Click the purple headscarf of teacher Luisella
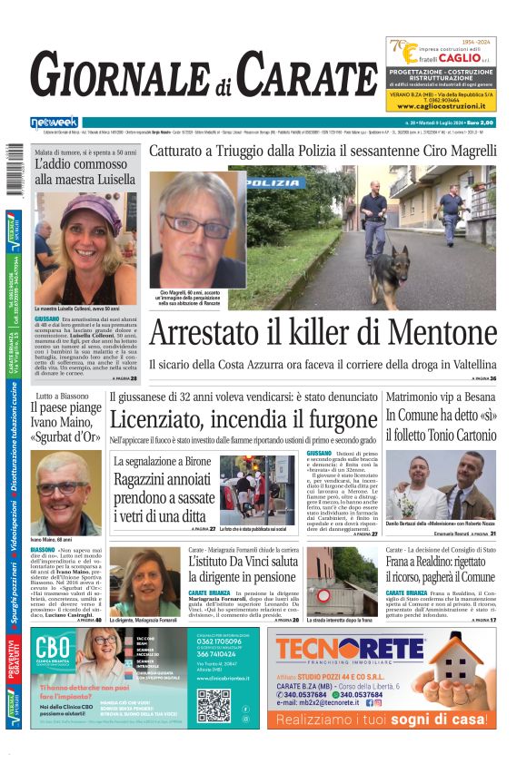(85, 211)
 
